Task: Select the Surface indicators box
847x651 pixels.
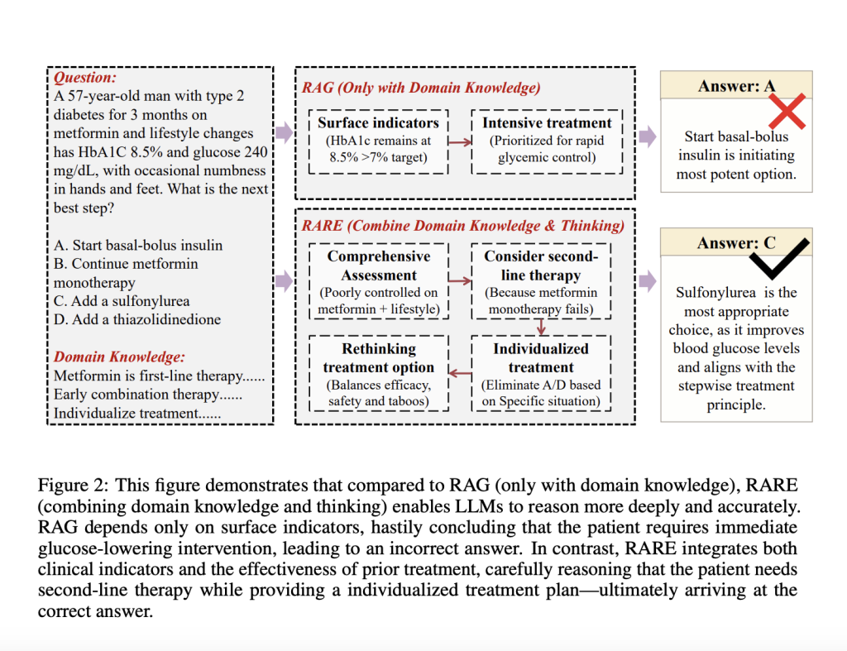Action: (x=378, y=141)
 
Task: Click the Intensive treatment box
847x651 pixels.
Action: (x=547, y=141)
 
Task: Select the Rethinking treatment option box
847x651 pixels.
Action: (x=378, y=374)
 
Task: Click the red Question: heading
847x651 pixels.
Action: (x=85, y=78)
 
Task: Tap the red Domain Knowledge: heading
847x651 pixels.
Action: (x=119, y=357)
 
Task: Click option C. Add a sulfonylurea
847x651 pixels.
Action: (x=122, y=301)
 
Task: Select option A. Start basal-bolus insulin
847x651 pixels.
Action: (x=138, y=246)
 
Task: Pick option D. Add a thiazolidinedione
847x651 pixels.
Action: (x=137, y=319)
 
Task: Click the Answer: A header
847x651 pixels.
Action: (x=736, y=86)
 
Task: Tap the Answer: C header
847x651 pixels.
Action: (x=736, y=244)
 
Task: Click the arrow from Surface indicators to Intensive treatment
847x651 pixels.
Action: (x=460, y=141)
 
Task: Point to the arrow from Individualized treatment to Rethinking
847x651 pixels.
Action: (x=460, y=374)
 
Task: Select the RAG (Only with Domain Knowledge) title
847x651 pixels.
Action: (x=421, y=87)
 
